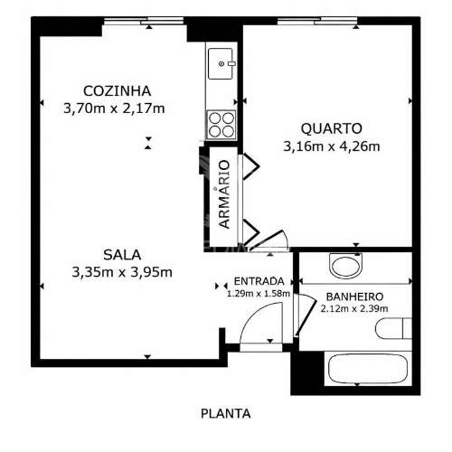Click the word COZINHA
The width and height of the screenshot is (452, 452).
117,90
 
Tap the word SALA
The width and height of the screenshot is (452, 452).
122,253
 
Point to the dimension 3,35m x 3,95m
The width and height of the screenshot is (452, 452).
122,271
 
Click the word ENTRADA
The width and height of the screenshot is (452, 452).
259,280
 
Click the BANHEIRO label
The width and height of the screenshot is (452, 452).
353,297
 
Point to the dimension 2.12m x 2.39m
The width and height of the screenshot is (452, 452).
353,309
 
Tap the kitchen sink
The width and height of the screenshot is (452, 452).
222,64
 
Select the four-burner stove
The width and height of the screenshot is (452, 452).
222,123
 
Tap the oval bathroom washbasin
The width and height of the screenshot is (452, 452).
346,266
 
